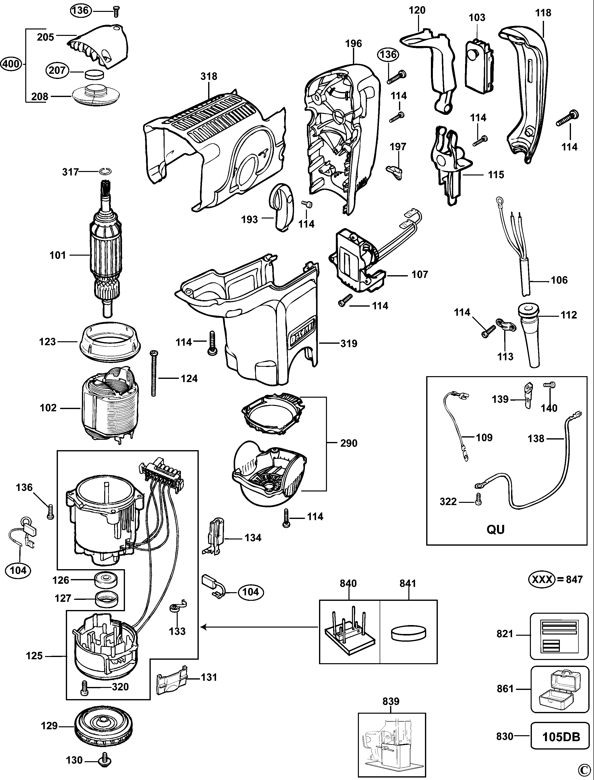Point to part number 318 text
click(x=209, y=76)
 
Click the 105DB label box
click(x=561, y=737)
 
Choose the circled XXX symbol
click(x=541, y=580)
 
